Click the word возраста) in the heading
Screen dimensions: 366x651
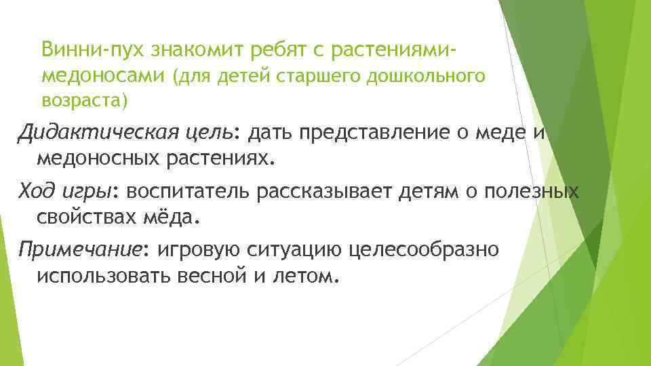pos(83,101)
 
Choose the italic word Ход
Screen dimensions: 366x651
pos(36,192)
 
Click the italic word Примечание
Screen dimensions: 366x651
pos(81,250)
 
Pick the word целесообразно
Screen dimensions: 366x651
pos(424,250)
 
